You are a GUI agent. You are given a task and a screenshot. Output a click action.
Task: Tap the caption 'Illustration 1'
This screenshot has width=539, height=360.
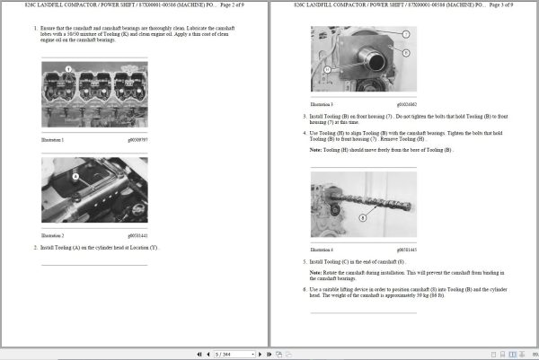(x=53, y=140)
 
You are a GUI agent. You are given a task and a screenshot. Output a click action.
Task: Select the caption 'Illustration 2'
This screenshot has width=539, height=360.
(x=53, y=234)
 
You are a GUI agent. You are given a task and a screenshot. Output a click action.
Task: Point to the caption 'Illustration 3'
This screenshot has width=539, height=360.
(x=322, y=105)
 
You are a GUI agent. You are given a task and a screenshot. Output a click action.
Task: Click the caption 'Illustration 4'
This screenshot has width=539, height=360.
(x=322, y=249)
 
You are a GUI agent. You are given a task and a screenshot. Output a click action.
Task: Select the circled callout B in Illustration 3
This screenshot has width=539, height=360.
(x=406, y=52)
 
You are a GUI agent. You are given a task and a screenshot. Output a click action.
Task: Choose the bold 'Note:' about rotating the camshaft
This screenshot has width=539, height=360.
(x=316, y=271)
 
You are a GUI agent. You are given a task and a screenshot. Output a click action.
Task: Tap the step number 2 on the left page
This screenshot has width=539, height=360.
(x=36, y=246)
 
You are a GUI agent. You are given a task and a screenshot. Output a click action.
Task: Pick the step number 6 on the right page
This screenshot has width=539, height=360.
(x=305, y=289)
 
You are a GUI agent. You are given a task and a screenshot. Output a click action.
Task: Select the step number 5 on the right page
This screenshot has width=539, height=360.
(x=305, y=261)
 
